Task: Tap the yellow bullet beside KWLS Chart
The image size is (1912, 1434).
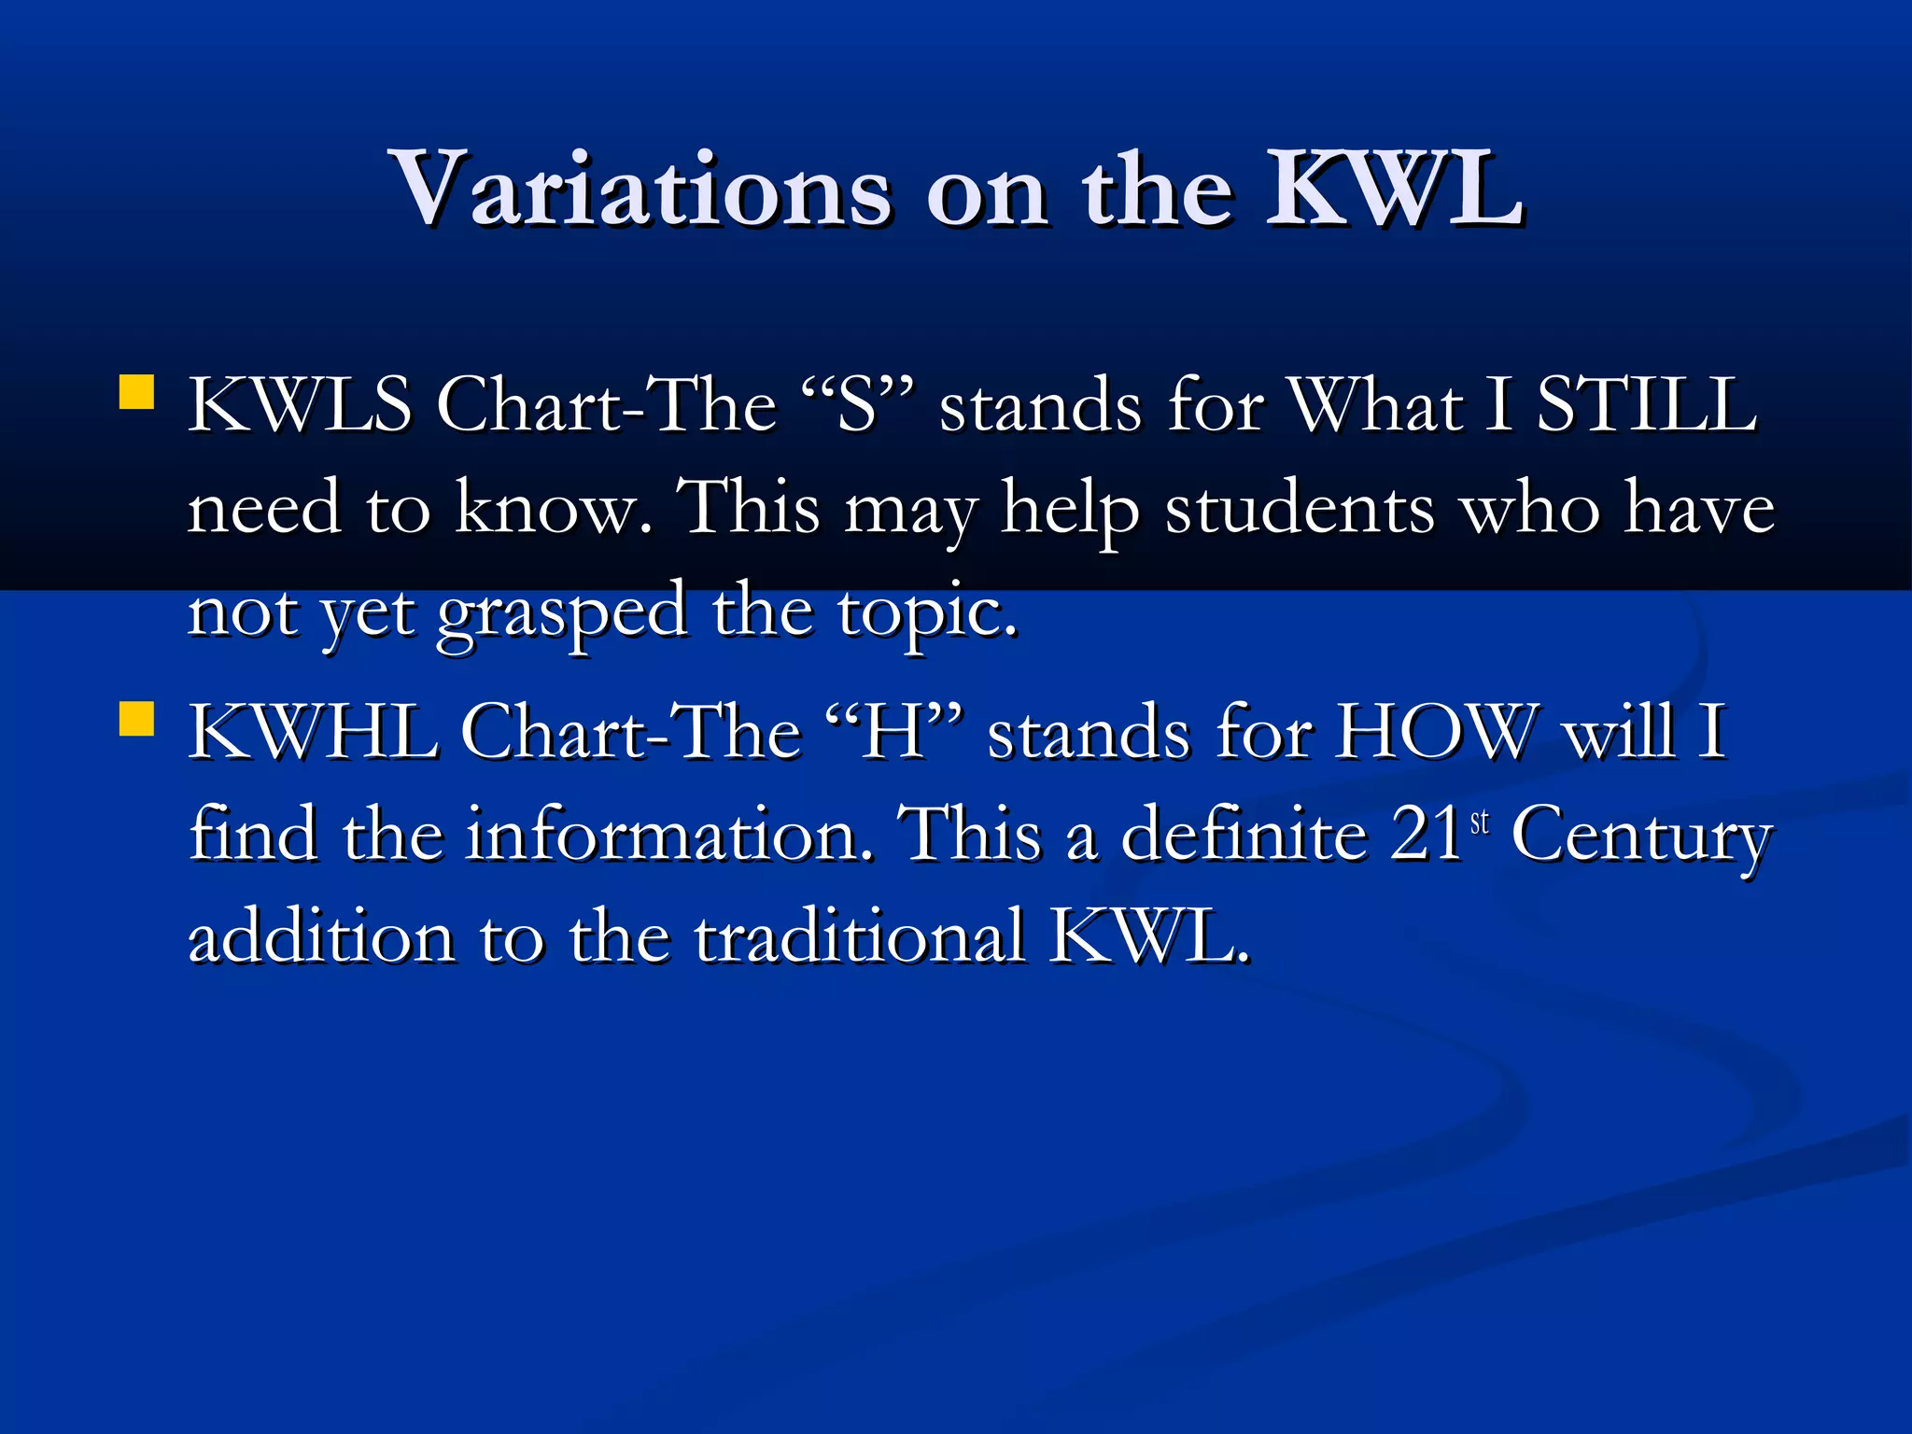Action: (x=137, y=393)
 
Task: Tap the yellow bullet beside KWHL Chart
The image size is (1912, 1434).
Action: (x=137, y=720)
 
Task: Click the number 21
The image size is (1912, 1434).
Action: (x=1426, y=834)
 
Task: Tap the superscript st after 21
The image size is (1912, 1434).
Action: (x=1480, y=822)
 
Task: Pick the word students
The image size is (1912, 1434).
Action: (x=1300, y=509)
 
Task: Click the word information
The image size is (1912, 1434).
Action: (x=668, y=834)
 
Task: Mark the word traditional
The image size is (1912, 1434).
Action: (x=859, y=936)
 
